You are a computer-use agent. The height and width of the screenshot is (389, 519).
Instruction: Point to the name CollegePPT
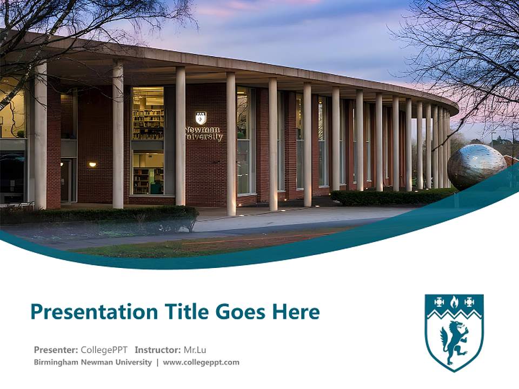click(x=104, y=350)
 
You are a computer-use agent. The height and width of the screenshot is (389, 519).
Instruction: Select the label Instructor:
click(x=158, y=350)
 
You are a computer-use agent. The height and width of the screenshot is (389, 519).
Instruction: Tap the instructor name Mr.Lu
click(x=196, y=350)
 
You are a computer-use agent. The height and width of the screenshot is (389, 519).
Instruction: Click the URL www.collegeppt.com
click(x=201, y=363)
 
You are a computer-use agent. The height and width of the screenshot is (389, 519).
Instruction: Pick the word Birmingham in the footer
click(x=55, y=363)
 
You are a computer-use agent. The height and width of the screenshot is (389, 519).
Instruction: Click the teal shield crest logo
click(x=454, y=332)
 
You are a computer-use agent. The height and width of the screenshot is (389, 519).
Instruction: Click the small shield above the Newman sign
click(x=200, y=118)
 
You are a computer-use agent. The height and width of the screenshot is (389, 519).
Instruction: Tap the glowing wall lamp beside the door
click(x=92, y=164)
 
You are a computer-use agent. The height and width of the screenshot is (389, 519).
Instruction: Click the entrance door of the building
click(x=66, y=180)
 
